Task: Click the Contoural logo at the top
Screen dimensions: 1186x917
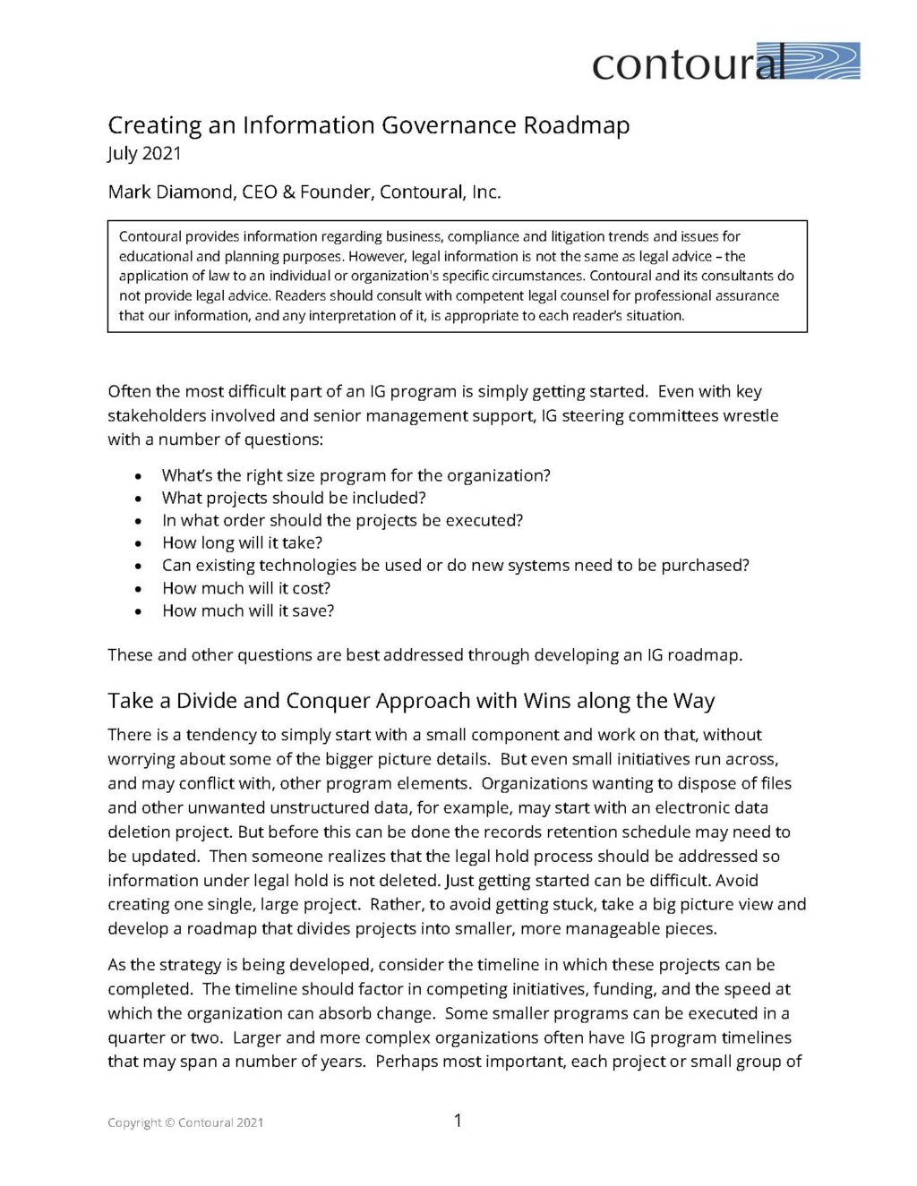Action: (x=725, y=62)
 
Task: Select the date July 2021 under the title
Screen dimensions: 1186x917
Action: (x=144, y=153)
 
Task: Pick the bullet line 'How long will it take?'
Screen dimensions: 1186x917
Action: (x=242, y=542)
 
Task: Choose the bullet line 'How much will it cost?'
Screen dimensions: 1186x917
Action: (x=246, y=588)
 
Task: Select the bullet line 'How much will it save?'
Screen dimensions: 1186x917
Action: (x=248, y=610)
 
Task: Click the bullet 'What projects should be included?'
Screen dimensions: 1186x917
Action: (x=294, y=498)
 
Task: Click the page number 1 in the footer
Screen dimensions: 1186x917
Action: (x=458, y=1120)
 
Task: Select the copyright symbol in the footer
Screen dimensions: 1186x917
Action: (x=170, y=1122)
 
